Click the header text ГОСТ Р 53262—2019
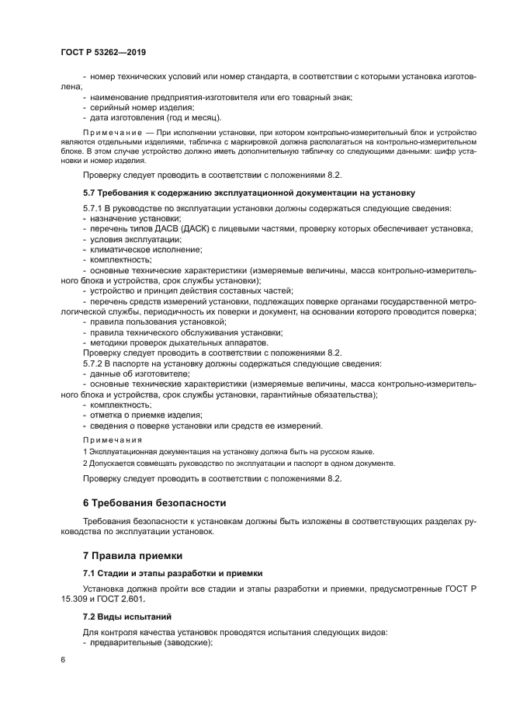point(103,51)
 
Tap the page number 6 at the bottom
point(64,659)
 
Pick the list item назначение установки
point(130,219)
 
